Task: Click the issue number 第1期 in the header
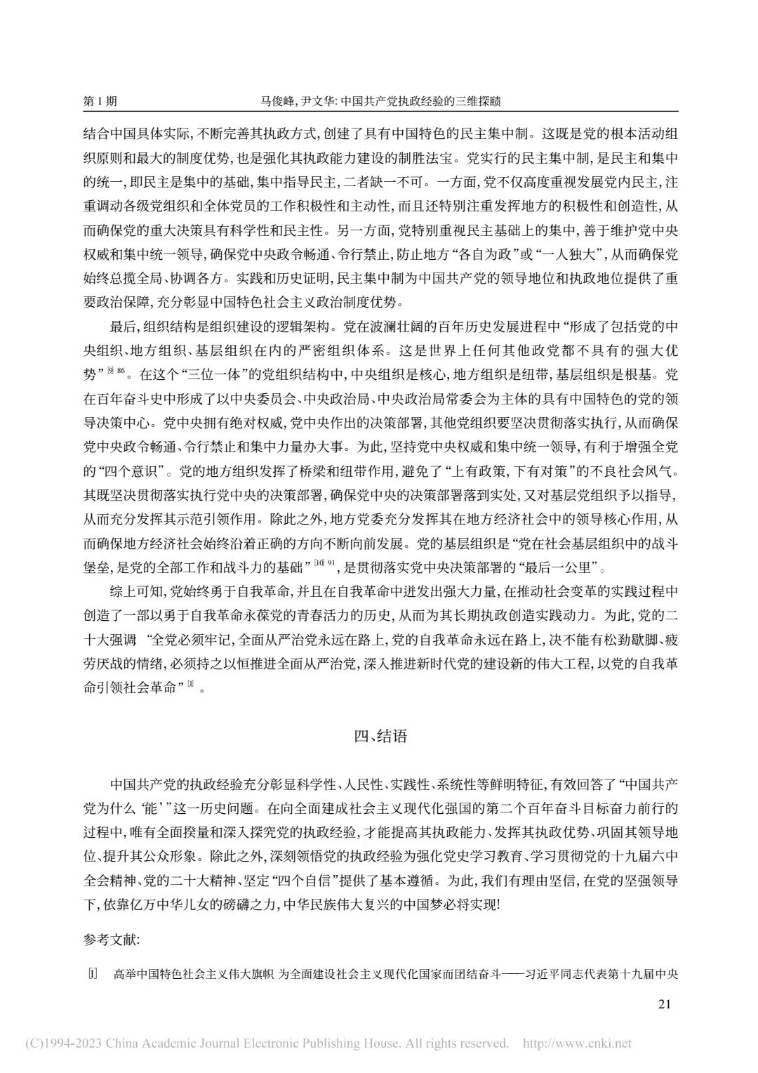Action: [100, 101]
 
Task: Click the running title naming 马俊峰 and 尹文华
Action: [380, 101]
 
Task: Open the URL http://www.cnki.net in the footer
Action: [578, 1043]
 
